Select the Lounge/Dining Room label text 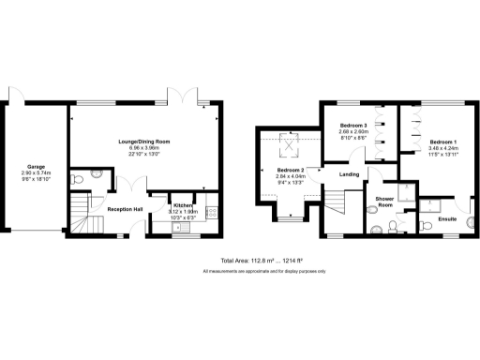point(143,141)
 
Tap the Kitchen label point(183,204)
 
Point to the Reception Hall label point(125,209)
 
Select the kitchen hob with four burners point(212,212)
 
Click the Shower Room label point(384,202)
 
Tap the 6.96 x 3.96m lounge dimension point(143,147)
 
